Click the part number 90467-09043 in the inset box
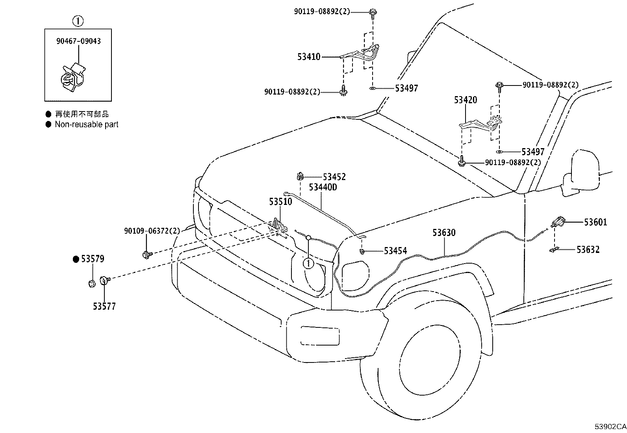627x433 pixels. coord(78,41)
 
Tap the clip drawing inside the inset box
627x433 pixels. coord(73,77)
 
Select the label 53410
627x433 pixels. coord(309,57)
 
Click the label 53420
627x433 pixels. coord(466,100)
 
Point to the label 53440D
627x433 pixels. coord(323,187)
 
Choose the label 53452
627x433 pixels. coord(334,177)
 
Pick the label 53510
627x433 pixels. coord(280,201)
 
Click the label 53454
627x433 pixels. coord(395,251)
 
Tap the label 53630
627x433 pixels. coord(444,232)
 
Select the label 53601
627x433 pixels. coord(595,222)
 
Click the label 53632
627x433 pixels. coord(588,249)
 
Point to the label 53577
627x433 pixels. coord(104,307)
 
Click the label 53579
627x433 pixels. coord(93,259)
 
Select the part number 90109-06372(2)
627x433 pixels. coord(152,231)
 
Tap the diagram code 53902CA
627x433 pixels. coord(610,427)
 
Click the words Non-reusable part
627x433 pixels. coord(87,125)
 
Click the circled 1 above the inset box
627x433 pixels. coord(78,21)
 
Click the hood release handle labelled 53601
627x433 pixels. coord(558,222)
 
